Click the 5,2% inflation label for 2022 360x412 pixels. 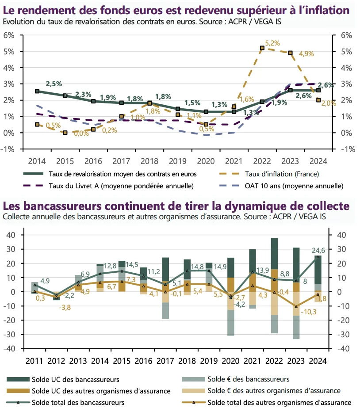click(x=273, y=43)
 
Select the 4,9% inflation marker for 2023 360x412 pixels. click(x=290, y=53)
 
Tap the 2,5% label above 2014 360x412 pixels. click(x=54, y=84)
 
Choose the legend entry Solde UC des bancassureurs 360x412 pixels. click(x=75, y=379)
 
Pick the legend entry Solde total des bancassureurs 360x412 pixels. click(x=78, y=402)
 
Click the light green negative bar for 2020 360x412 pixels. click(x=231, y=323)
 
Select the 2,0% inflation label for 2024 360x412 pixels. click(x=329, y=103)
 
